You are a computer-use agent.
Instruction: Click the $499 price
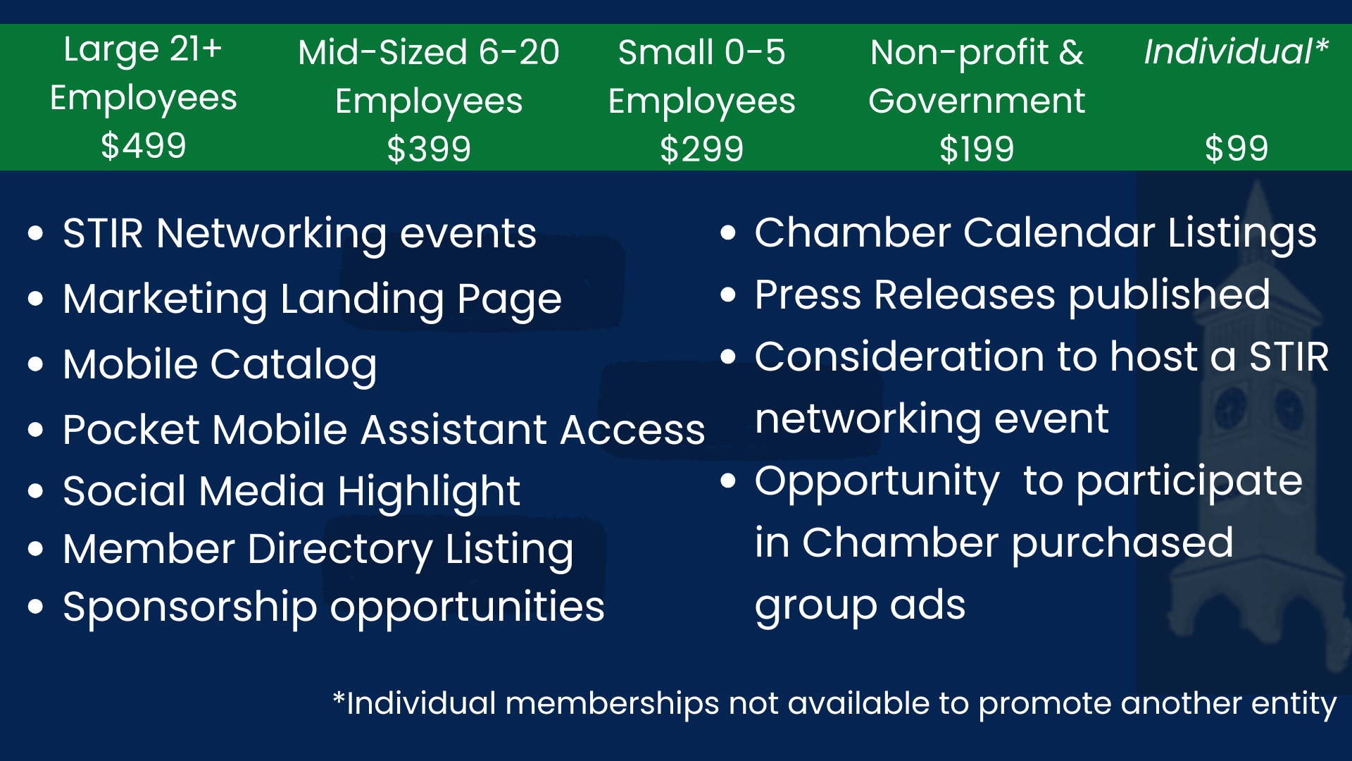144,147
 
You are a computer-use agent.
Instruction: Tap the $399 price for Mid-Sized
429,149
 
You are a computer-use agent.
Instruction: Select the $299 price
701,149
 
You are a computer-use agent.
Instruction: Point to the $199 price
977,149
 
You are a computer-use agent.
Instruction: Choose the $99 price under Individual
1237,149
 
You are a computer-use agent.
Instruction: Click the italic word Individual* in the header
1236,51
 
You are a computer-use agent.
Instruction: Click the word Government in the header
977,101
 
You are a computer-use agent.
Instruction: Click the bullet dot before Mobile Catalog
36,364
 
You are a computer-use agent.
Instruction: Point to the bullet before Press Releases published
728,295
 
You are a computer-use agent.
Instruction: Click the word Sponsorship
190,607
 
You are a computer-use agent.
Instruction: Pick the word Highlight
429,492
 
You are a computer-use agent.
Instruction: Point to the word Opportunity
877,482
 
